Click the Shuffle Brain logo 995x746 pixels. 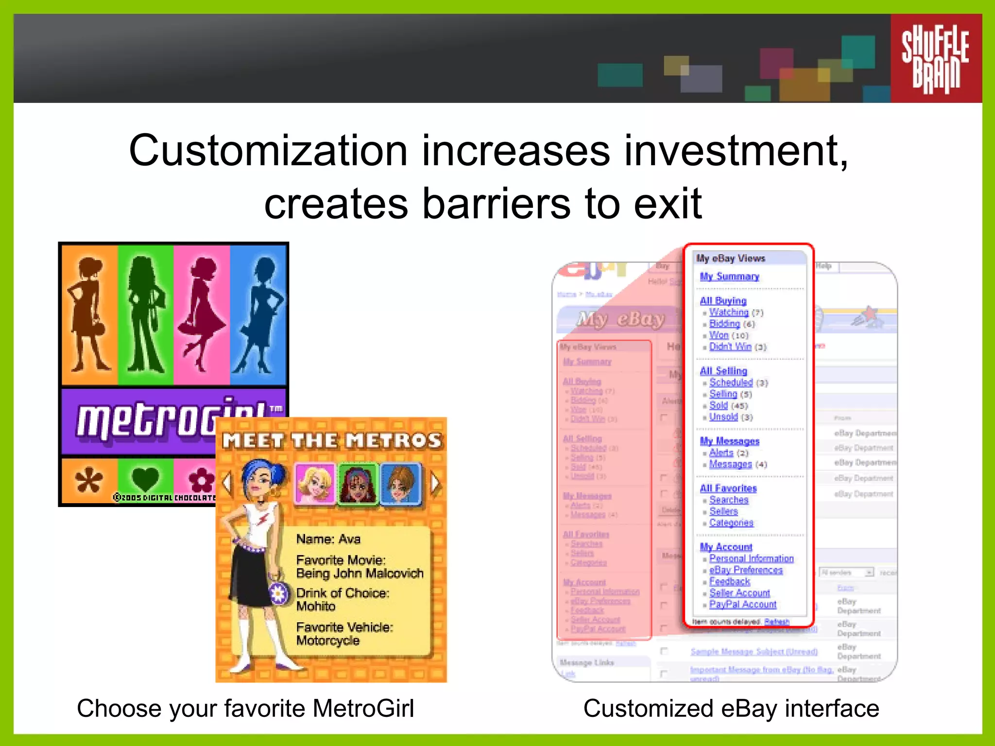point(935,58)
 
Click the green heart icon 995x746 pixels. point(145,479)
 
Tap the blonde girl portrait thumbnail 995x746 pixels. point(314,483)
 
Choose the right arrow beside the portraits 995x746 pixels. point(435,483)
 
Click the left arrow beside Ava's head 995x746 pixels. point(226,483)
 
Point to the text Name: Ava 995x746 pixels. point(328,539)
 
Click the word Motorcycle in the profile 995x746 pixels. point(328,641)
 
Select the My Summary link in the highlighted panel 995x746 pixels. point(729,276)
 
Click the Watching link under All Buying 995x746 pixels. point(729,312)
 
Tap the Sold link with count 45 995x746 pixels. point(719,406)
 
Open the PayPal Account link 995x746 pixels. point(743,604)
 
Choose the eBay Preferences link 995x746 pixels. point(746,570)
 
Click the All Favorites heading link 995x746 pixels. point(728,488)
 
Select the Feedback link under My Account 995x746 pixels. point(730,581)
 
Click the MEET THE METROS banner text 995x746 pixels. point(332,441)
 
